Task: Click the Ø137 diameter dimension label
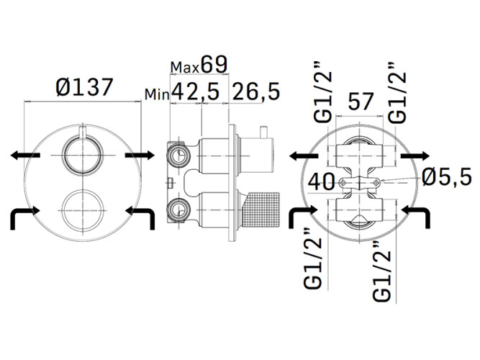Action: coord(84,88)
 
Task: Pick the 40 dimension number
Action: coord(321,181)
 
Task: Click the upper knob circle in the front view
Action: coord(79,154)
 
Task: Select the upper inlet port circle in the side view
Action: coord(177,154)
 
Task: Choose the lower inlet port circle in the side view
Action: coord(177,210)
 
